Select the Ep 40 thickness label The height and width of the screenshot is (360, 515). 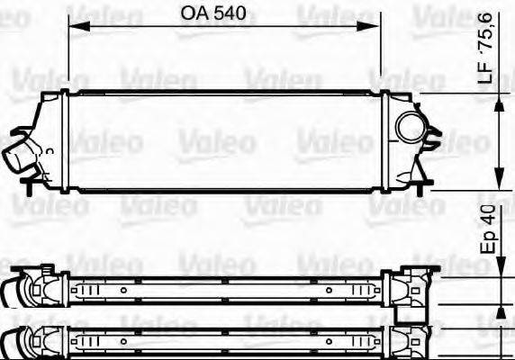488,232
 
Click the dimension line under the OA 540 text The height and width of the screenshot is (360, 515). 225,27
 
